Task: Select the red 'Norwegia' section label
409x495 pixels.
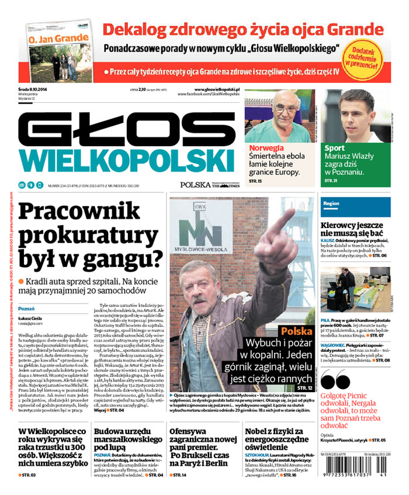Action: pyautogui.click(x=266, y=148)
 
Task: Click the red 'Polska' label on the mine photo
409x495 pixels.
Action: pyautogui.click(x=296, y=331)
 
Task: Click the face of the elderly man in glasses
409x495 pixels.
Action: pyautogui.click(x=285, y=108)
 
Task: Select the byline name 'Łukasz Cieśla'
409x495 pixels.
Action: pyautogui.click(x=30, y=317)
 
